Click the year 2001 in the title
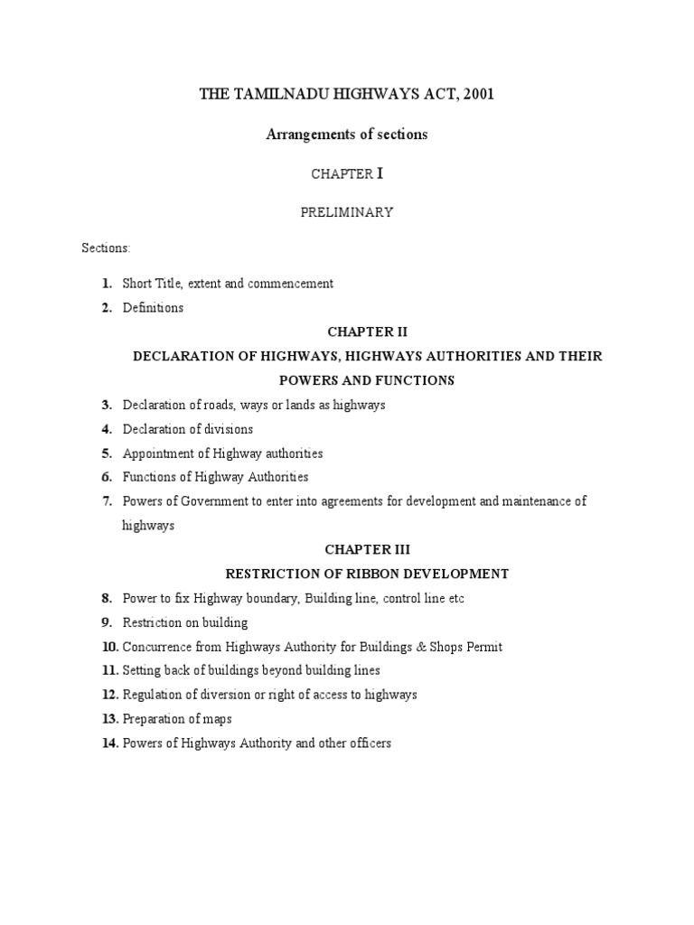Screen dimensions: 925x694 pos(477,95)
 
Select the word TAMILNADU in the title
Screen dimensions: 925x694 pos(267,95)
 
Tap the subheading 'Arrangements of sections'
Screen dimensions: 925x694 pos(346,135)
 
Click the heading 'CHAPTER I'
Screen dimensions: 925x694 pos(347,173)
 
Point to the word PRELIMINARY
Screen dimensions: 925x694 pos(347,212)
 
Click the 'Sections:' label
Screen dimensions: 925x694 pos(107,247)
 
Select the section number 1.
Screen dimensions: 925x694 pos(106,284)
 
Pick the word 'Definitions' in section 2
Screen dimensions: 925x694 pos(153,308)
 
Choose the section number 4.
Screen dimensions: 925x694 pos(106,429)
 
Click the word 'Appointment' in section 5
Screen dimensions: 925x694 pos(156,453)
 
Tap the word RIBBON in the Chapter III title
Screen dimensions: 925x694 pos(385,574)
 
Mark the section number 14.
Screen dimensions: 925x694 pos(109,743)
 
